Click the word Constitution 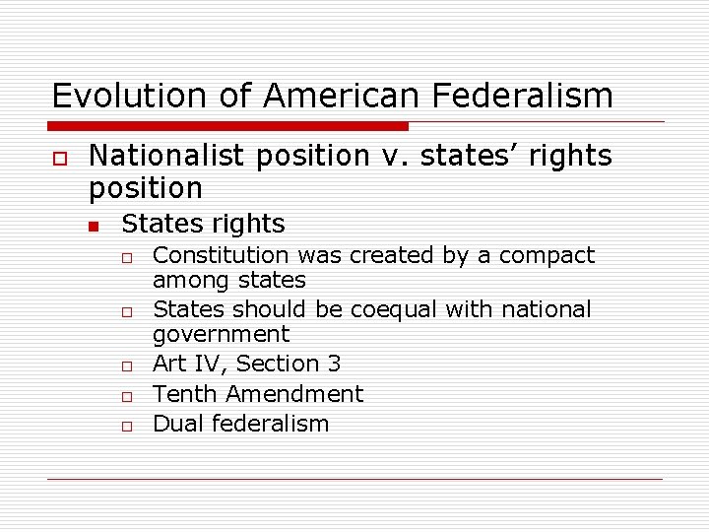point(217,255)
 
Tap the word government point(221,334)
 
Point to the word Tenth point(185,394)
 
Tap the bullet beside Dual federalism point(127,426)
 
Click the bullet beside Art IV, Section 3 point(127,366)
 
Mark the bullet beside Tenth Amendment point(127,396)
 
